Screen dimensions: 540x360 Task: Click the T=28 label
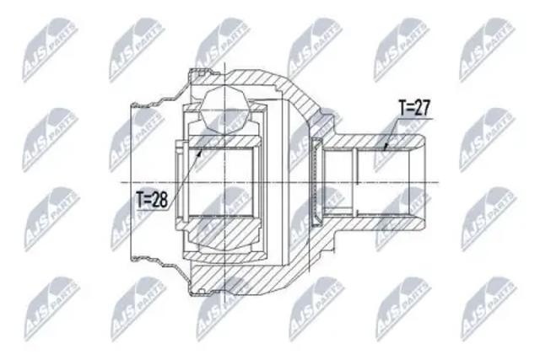(x=152, y=200)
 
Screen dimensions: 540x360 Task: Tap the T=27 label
(x=414, y=109)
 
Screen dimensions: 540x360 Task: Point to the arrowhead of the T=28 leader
(x=199, y=152)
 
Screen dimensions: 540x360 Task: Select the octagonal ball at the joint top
(x=224, y=110)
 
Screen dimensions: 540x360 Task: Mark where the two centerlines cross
(x=224, y=182)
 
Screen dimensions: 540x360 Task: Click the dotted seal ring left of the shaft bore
(x=315, y=182)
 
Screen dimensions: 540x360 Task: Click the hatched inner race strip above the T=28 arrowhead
(x=223, y=142)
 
